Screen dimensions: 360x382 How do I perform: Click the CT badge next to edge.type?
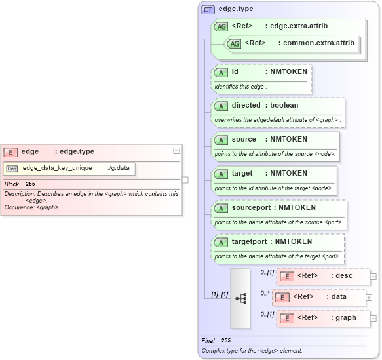coord(208,9)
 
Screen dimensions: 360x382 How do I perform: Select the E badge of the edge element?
coord(11,152)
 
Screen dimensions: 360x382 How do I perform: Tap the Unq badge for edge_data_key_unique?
coord(12,169)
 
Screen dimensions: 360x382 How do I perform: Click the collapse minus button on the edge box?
coord(176,151)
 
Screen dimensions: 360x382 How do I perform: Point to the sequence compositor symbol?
coord(240,298)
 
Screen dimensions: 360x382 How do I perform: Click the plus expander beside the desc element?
coord(373,276)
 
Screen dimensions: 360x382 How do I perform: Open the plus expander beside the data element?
coord(370,297)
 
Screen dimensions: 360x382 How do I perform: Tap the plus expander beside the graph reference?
coord(373,318)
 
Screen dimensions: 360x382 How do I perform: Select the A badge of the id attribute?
coord(221,71)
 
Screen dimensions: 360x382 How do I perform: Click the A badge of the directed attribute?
coord(221,106)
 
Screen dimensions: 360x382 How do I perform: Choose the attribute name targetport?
coord(250,241)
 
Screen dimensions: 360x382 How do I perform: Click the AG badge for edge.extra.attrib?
coord(221,26)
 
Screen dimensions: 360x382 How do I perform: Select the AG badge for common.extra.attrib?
coord(234,43)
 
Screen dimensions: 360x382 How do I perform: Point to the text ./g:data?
coord(118,169)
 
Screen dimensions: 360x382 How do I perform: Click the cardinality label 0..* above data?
coord(265,293)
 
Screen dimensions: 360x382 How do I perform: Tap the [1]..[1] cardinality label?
coord(216,294)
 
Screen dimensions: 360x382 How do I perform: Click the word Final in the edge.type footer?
coord(208,341)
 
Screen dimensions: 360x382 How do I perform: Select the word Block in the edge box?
coord(12,184)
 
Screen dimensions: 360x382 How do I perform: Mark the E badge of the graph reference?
coord(286,318)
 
